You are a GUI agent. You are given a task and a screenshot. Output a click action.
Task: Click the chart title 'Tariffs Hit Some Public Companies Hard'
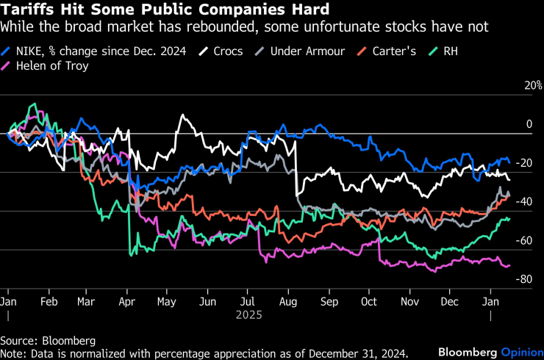click(165, 10)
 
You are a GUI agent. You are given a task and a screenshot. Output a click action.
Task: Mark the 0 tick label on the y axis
click(528, 125)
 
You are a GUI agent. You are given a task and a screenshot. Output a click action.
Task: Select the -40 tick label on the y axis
click(523, 202)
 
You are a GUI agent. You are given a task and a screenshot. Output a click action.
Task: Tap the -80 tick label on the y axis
click(523, 279)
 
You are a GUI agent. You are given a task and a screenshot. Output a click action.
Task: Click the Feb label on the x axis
click(49, 301)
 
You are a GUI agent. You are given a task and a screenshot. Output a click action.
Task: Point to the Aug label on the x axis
click(287, 301)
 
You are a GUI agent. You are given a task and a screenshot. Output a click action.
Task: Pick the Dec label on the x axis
click(450, 301)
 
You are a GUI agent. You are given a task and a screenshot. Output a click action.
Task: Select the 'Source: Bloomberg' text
click(48, 342)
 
